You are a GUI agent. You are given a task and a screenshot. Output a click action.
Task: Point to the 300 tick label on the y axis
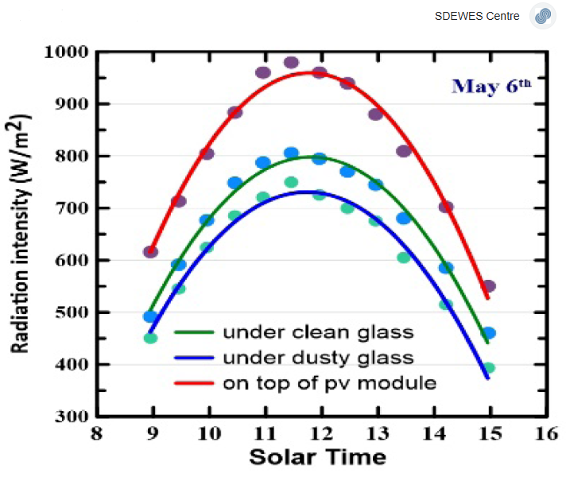[73, 416]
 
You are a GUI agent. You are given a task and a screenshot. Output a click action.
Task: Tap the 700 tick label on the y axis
[73, 208]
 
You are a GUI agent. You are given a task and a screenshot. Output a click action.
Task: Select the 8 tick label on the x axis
[97, 434]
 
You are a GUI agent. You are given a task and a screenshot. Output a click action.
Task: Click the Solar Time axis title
[317, 457]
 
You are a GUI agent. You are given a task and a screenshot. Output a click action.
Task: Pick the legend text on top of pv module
[329, 383]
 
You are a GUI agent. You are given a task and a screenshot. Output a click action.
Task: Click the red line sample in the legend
[192, 383]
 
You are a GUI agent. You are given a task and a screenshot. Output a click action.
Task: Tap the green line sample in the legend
[192, 332]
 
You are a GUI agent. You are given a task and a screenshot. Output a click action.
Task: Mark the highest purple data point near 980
[291, 63]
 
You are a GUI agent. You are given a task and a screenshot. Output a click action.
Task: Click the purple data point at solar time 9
[150, 252]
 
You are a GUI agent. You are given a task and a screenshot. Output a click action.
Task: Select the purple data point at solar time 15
[489, 286]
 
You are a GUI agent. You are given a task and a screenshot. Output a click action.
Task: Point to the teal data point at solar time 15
[489, 368]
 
